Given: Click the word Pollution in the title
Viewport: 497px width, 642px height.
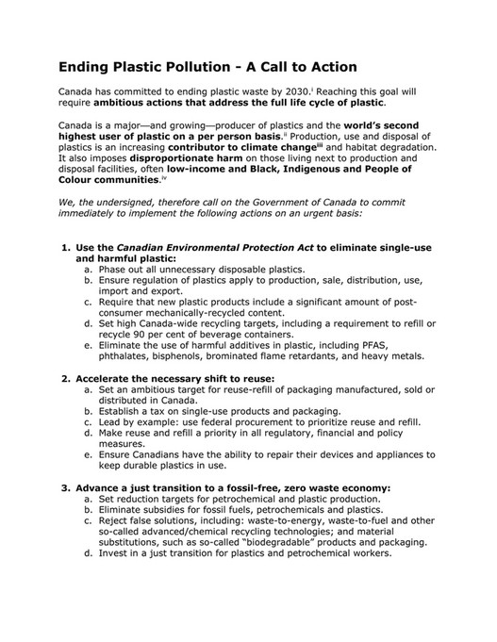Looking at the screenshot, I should coord(189,67).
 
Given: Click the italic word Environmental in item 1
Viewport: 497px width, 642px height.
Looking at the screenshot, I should coord(203,248).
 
